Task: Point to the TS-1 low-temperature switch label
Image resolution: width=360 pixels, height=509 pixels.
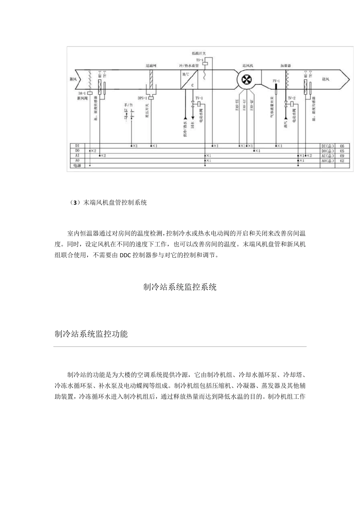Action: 200,60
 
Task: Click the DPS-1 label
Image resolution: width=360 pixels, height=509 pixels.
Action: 142,98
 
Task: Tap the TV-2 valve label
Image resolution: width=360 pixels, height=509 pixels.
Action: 291,98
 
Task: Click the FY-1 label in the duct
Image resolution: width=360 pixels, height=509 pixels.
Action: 275,81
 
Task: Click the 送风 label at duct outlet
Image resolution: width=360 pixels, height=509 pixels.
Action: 326,79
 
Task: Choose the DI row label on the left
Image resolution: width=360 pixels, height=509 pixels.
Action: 77,146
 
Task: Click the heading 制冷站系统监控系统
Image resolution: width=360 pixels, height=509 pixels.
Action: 180,287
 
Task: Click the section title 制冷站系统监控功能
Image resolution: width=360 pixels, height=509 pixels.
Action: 91,334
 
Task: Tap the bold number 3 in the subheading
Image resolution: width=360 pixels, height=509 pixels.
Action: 75,203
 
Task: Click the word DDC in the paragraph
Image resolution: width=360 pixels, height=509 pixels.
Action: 125,256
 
